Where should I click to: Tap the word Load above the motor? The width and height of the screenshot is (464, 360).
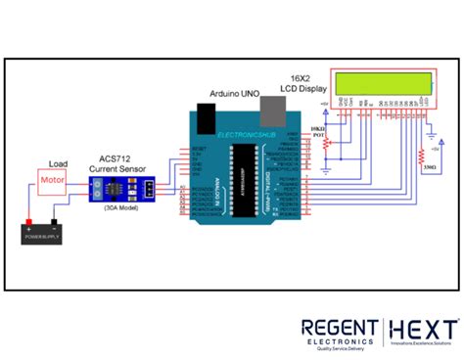(59, 163)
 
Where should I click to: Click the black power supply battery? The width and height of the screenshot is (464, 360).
(44, 235)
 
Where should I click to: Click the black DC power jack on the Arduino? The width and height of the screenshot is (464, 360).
(204, 119)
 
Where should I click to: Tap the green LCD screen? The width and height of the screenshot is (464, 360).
(383, 82)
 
